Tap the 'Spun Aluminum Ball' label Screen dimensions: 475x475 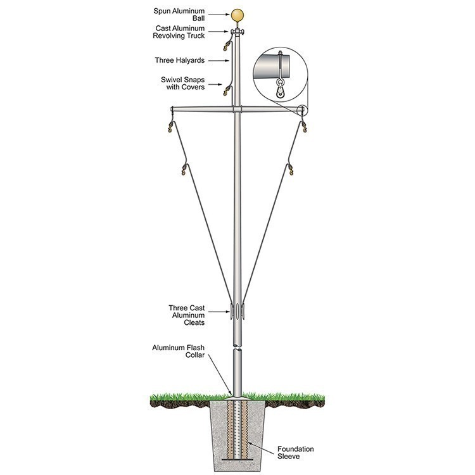[x=190, y=15]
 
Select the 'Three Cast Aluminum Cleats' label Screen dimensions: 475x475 [x=187, y=315]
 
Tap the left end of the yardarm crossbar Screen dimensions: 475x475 [x=174, y=110]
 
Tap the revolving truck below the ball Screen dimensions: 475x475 [x=237, y=32]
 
